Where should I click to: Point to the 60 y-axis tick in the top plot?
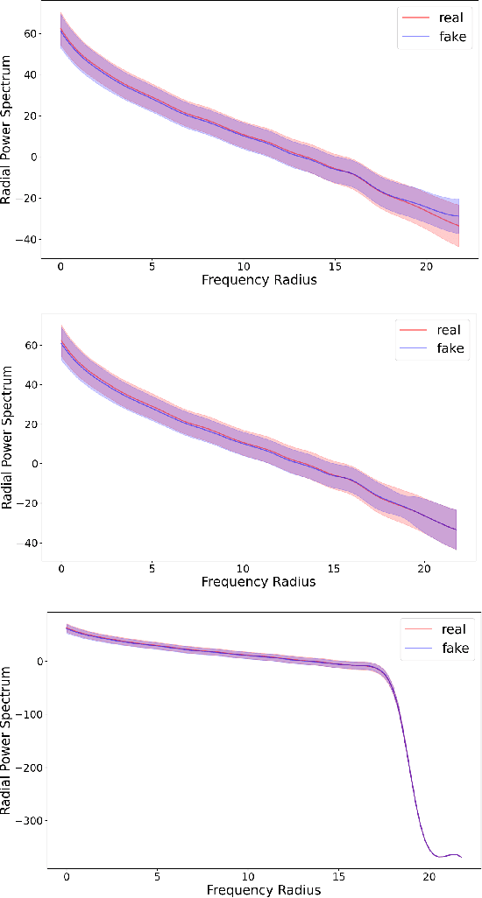pyautogui.click(x=31, y=33)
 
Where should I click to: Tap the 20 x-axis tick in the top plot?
pyautogui.click(x=426, y=266)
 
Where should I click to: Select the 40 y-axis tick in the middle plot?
pyautogui.click(x=31, y=385)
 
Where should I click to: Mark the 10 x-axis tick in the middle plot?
pyautogui.click(x=243, y=566)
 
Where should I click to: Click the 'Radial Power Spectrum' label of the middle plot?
pyautogui.click(x=8, y=444)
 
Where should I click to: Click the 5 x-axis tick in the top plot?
pyautogui.click(x=152, y=266)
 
